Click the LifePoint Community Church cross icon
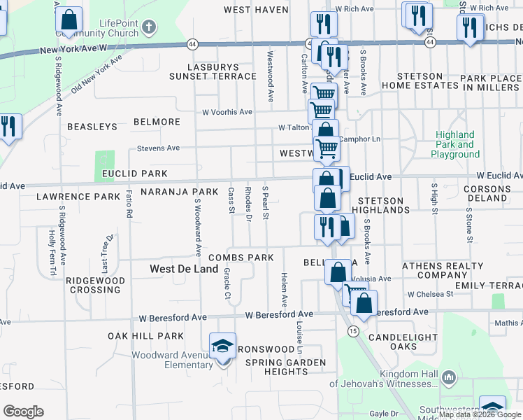148,28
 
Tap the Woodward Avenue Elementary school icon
223,346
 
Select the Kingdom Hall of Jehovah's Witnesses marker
448,378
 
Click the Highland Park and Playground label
454,144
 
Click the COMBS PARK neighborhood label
240,258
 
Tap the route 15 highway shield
354,330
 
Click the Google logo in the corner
23,411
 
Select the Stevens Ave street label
158,148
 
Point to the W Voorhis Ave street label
227,112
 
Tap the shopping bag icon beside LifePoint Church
69,20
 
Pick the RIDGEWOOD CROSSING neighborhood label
95,285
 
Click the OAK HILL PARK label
145,337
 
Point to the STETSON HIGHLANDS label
380,205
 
